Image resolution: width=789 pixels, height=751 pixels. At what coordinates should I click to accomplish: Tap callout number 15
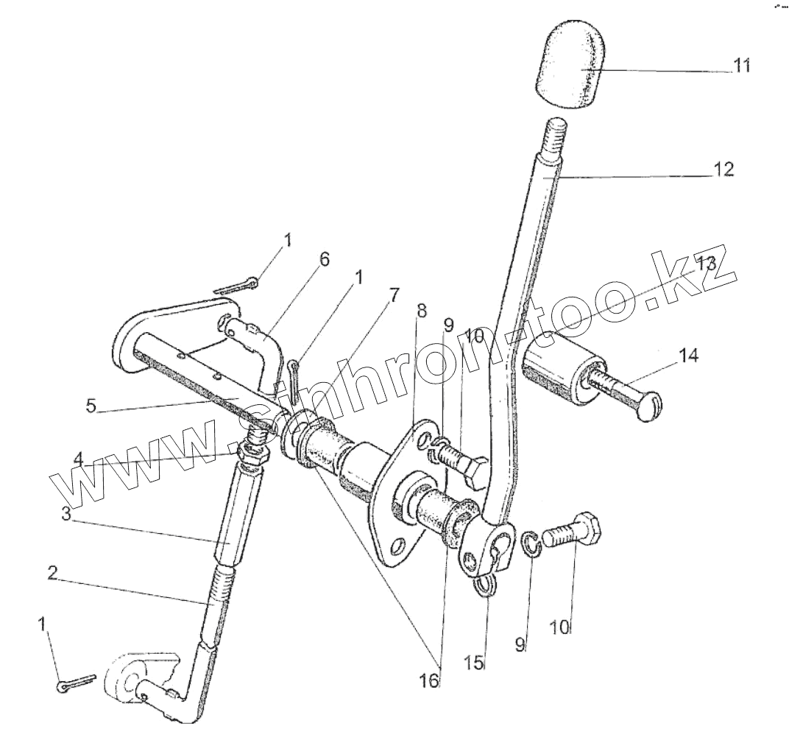click(476, 663)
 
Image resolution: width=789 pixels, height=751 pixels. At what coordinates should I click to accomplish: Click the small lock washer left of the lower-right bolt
click(535, 546)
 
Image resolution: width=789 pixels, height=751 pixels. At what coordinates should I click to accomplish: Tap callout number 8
click(421, 311)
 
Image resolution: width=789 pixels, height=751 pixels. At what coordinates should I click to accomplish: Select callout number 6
click(324, 259)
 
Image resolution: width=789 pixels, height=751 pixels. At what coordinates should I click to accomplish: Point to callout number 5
click(91, 406)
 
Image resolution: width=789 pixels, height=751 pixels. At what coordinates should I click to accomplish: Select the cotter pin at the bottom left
click(76, 682)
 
